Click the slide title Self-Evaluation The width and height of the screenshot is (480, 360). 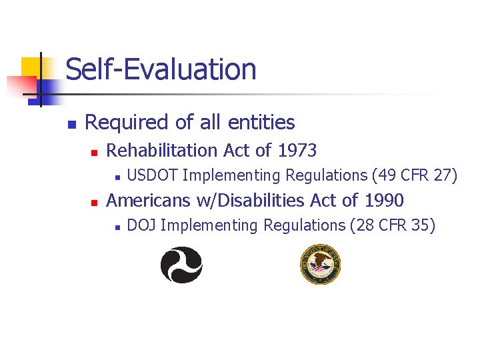[161, 69]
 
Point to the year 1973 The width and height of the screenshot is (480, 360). [297, 151]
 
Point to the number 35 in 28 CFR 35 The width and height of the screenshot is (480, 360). [421, 225]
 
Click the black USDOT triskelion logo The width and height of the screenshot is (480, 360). [181, 265]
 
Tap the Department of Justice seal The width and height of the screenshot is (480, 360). [321, 264]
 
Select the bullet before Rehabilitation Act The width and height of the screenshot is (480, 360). [94, 153]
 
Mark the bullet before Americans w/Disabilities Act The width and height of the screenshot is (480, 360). [94, 202]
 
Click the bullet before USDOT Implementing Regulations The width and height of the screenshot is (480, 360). [116, 177]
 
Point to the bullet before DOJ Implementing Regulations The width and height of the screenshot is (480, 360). [116, 227]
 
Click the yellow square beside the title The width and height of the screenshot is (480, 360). [31, 67]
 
